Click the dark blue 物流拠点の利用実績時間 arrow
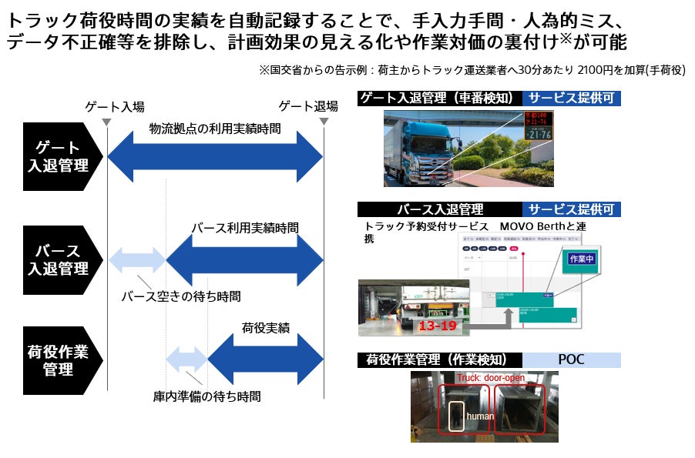[215, 157]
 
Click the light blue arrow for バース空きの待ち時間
[137, 260]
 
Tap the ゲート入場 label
[116, 106]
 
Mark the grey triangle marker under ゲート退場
[324, 121]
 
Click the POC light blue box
[572, 359]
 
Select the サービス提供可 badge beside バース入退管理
[572, 209]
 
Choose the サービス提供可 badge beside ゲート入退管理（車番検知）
[572, 98]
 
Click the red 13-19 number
[438, 326]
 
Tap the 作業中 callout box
[581, 259]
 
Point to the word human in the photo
[480, 416]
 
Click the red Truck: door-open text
[490, 378]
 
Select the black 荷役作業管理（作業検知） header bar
[440, 359]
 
